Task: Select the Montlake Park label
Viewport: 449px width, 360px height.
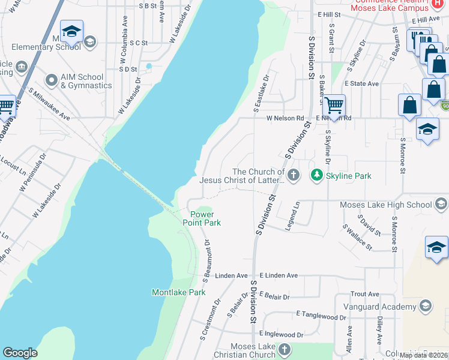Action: point(178,292)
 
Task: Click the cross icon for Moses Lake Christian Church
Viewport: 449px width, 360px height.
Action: point(285,349)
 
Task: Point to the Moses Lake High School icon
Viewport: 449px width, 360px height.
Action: point(441,205)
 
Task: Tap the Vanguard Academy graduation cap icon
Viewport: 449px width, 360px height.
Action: point(426,307)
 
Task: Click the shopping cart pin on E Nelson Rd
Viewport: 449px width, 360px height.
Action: point(334,106)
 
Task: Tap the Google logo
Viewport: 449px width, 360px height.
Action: point(20,353)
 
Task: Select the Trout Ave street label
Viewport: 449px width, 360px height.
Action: point(365,294)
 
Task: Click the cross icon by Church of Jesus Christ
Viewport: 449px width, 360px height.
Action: point(293,175)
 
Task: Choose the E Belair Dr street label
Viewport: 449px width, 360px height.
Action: point(274,297)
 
